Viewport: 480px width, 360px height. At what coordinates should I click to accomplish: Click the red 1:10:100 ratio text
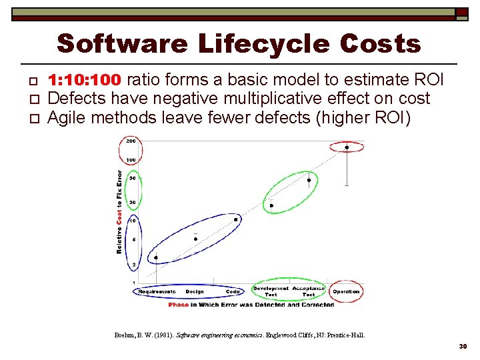point(85,80)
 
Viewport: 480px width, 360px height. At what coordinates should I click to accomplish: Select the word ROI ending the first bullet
point(429,80)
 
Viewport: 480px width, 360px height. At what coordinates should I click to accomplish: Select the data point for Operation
point(347,147)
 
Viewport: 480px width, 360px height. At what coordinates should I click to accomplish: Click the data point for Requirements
point(156,257)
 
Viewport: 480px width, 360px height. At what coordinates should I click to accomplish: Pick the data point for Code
point(235,219)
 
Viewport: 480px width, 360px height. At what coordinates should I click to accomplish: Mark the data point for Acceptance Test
point(309,180)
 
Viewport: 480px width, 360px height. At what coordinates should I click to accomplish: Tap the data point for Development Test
point(271,205)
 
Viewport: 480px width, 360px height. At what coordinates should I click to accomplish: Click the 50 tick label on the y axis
point(133,178)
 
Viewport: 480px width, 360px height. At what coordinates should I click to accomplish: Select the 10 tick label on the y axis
point(133,220)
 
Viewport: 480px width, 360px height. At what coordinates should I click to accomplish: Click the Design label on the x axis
point(195,291)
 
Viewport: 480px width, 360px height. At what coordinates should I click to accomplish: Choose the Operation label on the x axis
point(346,291)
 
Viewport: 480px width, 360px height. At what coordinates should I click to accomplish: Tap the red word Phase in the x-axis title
point(179,305)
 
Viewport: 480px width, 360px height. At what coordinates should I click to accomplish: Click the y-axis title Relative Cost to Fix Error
point(119,211)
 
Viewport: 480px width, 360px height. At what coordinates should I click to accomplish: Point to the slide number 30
point(463,347)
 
